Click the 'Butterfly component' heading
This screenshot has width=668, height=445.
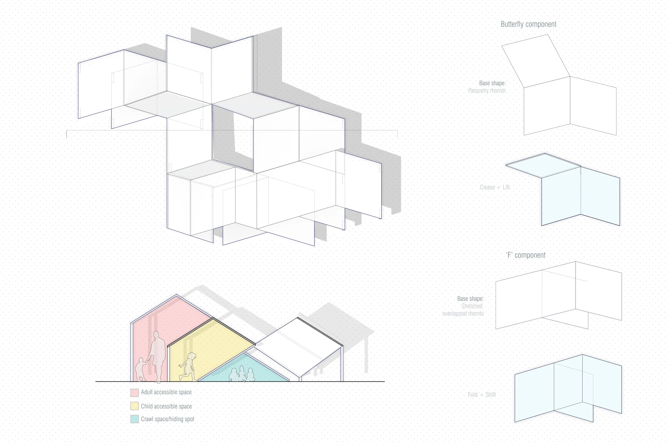click(528, 24)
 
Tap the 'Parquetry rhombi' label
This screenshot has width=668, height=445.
click(487, 91)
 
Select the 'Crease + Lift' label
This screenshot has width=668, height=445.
click(495, 187)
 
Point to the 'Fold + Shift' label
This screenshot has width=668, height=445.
click(482, 395)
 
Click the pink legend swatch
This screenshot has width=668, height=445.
click(134, 392)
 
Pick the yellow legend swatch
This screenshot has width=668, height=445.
click(134, 406)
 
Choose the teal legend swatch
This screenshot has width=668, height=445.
click(134, 419)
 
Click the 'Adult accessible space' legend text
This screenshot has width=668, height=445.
click(166, 392)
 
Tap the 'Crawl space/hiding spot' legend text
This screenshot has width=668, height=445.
click(168, 419)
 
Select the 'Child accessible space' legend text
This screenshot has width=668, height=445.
click(166, 406)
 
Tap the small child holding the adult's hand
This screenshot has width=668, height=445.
click(140, 369)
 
